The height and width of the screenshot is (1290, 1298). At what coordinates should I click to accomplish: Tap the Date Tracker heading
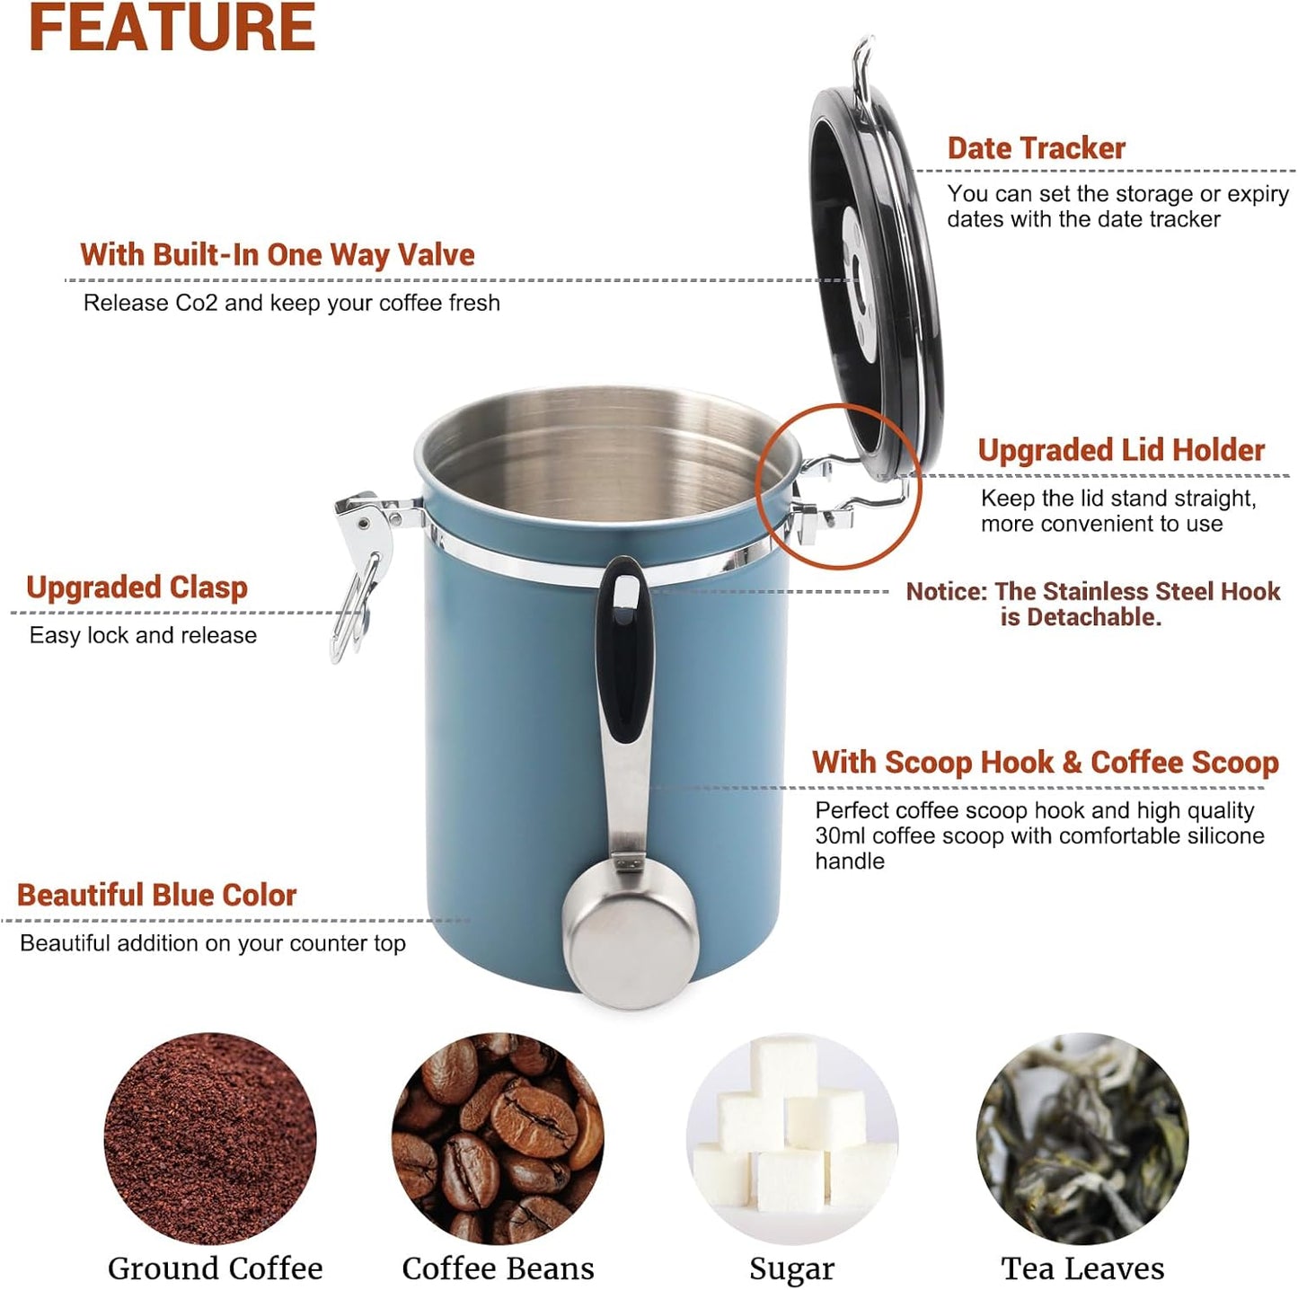pyautogui.click(x=1036, y=148)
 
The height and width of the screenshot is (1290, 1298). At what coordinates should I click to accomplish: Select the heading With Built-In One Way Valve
pyautogui.click(x=277, y=254)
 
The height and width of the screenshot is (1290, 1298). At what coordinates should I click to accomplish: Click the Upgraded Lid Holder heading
pyautogui.click(x=1120, y=450)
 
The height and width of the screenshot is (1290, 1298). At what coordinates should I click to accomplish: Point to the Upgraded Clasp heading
pyautogui.click(x=137, y=588)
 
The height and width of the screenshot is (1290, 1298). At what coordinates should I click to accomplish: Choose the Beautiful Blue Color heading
pyautogui.click(x=156, y=895)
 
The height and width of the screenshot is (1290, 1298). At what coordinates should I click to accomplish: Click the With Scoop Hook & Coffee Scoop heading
pyautogui.click(x=1045, y=763)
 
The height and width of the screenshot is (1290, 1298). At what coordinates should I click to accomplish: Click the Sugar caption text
pyautogui.click(x=791, y=1268)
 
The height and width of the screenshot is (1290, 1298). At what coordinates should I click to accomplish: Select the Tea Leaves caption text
pyautogui.click(x=1082, y=1268)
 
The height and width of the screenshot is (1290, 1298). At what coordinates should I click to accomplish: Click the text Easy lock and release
pyautogui.click(x=143, y=636)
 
